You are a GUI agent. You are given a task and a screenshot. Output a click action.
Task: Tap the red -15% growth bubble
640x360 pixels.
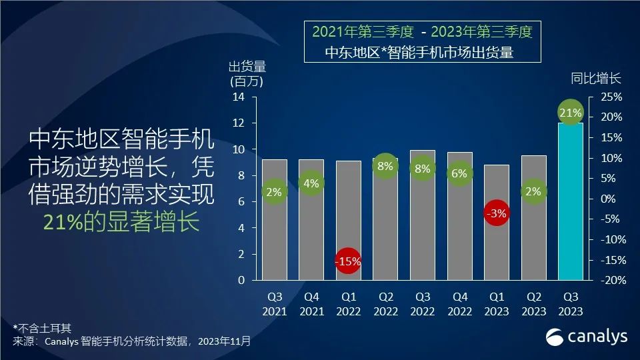(x=347, y=261)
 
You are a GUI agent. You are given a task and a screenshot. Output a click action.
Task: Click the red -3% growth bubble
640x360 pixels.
(x=496, y=214)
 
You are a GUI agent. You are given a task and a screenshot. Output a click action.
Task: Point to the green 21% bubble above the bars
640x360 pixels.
(x=571, y=113)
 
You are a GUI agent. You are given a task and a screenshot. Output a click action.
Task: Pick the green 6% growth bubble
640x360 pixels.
(x=459, y=173)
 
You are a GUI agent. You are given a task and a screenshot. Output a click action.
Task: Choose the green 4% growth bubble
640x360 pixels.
(x=311, y=183)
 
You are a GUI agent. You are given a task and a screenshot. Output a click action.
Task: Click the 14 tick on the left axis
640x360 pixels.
(x=239, y=97)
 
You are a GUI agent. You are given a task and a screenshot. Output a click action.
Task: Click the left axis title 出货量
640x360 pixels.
(x=247, y=67)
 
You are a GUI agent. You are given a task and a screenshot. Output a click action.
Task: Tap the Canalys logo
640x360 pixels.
(x=587, y=337)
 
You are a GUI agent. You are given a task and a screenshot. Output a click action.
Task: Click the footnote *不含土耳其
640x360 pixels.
(x=42, y=328)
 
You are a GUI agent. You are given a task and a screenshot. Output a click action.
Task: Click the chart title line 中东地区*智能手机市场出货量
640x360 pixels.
(x=419, y=53)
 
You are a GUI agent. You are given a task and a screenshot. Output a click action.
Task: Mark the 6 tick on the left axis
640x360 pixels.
(x=242, y=202)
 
